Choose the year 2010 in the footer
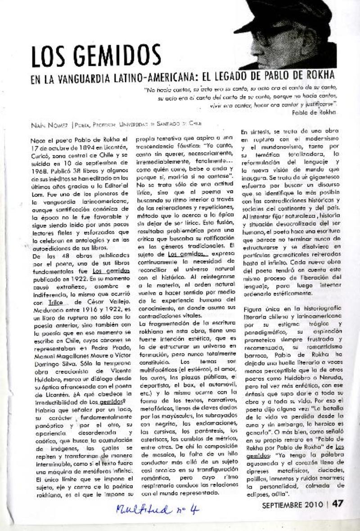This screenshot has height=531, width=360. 313,504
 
